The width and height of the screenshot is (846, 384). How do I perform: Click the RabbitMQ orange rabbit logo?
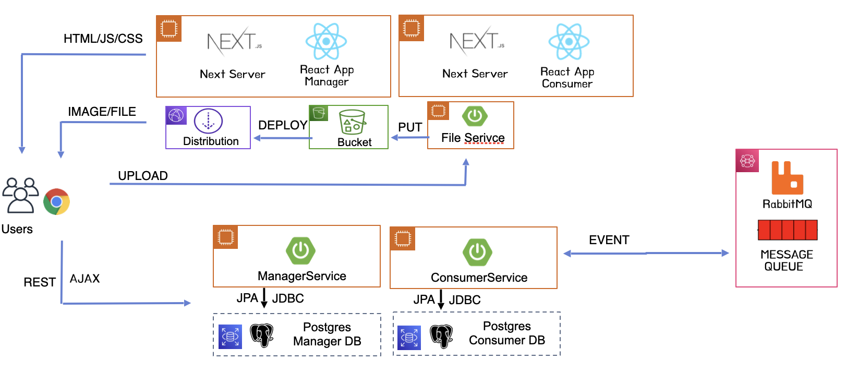[x=787, y=178]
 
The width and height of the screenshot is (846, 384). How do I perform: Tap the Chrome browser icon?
[x=56, y=202]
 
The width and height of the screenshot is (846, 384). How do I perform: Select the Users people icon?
[x=20, y=195]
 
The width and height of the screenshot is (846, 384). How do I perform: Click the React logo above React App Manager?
[x=326, y=41]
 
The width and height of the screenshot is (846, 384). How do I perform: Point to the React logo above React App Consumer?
[x=569, y=42]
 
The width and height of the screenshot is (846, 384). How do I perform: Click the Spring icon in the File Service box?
[x=475, y=116]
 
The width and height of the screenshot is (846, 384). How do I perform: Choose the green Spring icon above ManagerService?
[x=300, y=251]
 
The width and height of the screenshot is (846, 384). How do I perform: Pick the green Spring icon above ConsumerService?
[x=477, y=253]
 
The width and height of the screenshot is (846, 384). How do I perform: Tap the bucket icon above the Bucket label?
[x=353, y=122]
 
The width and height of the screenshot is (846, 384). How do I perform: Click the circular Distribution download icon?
[x=208, y=121]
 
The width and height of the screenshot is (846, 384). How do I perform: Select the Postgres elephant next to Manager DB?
[x=262, y=335]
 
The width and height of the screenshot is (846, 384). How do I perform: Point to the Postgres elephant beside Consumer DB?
[x=441, y=335]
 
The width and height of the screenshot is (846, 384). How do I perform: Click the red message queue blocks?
[x=788, y=230]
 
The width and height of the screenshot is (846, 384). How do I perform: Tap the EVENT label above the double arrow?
[x=609, y=240]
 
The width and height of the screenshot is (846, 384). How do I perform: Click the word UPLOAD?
[x=142, y=176]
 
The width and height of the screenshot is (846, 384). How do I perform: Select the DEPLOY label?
[x=282, y=125]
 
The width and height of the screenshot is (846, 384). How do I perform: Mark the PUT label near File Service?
[x=410, y=127]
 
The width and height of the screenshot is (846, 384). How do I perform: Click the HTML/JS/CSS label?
[x=103, y=39]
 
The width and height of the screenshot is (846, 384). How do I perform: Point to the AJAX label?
[x=84, y=279]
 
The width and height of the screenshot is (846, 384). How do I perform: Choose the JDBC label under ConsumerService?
[x=465, y=300]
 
